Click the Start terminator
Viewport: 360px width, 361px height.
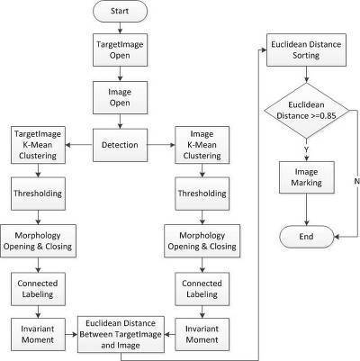coord(120,11)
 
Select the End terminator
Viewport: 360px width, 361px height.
coord(306,237)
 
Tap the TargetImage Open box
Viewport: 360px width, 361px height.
coord(120,50)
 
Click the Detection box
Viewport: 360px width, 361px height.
coord(120,145)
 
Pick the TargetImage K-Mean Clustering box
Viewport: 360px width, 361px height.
coord(38,145)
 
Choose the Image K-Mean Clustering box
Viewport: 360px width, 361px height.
coord(202,145)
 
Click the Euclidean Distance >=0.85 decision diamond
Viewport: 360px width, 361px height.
coord(306,111)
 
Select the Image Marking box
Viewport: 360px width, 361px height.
coord(307,177)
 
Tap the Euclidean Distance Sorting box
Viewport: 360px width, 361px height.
coord(306,50)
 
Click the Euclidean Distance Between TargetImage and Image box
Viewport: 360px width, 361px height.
coord(121,334)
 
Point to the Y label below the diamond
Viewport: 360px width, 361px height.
coord(306,149)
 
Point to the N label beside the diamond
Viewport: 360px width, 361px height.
coord(356,181)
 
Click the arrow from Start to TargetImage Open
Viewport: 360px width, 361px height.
coord(120,28)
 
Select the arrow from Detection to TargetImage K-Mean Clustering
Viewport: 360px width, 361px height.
coord(79,145)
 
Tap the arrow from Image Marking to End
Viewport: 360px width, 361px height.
coord(307,210)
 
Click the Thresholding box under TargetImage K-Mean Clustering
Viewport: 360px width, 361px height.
coord(38,194)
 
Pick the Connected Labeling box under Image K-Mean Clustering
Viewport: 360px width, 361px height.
coord(202,289)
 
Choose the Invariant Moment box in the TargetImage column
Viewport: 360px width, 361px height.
coord(38,334)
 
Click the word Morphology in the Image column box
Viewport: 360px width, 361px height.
coord(202,236)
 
